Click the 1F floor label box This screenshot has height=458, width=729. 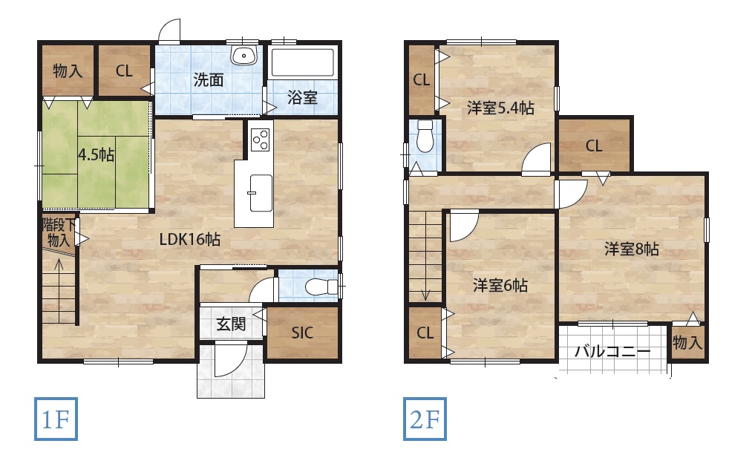pos(56,419)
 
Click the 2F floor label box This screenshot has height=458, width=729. pos(425,419)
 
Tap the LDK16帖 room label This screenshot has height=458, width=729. pos(190,239)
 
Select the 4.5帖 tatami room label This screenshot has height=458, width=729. pos(97,154)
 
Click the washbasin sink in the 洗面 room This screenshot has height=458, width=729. pos(244,56)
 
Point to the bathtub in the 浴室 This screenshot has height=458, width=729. pos(303,62)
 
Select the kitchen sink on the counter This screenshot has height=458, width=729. pos(261,193)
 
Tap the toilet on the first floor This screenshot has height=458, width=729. pos(321,287)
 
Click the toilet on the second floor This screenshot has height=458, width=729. pos(425,136)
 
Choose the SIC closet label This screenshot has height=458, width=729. pos(302,333)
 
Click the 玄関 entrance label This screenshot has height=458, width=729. pos(231,324)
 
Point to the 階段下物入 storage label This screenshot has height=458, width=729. pos(59,232)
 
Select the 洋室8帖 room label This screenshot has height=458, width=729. pos(631,249)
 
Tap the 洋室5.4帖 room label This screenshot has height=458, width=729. pos(500,108)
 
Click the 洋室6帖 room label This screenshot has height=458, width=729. pos(500,285)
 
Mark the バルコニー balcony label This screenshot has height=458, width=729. pos(612,351)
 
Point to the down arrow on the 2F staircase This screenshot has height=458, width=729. pos(425,279)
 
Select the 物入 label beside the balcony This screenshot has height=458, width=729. pos(687,343)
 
